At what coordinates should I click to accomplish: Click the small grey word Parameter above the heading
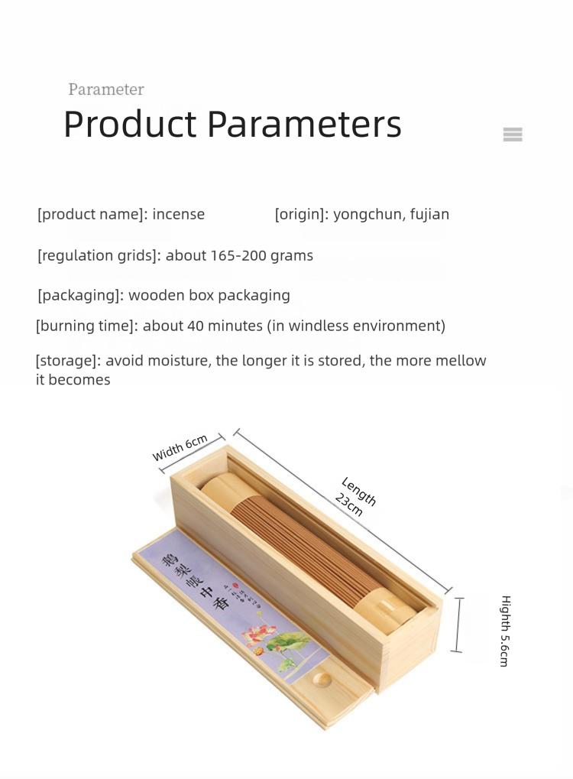click(106, 89)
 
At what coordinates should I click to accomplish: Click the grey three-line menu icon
click(513, 135)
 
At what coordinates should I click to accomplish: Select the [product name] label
click(92, 214)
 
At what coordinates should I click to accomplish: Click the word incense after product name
click(179, 214)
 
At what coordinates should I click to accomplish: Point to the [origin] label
click(302, 214)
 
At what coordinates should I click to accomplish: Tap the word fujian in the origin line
click(429, 214)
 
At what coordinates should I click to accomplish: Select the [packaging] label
click(80, 295)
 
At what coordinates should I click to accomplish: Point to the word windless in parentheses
click(319, 326)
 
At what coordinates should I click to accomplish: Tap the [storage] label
click(68, 361)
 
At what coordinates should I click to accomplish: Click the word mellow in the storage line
click(461, 361)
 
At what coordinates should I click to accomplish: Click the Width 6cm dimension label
click(180, 448)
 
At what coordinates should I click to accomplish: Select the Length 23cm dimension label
click(353, 496)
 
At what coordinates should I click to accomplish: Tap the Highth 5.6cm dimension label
click(504, 631)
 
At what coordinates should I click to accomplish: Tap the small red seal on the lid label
click(236, 589)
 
